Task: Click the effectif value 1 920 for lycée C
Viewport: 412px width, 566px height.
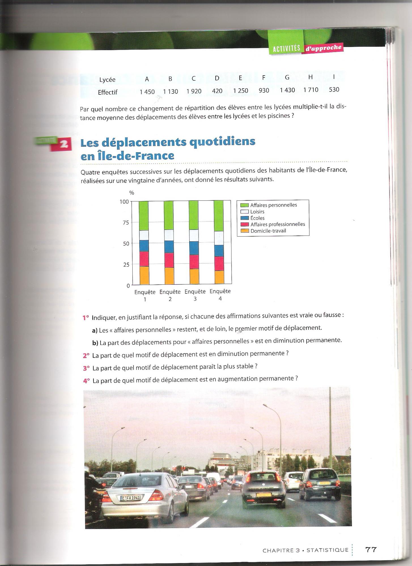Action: tap(194, 91)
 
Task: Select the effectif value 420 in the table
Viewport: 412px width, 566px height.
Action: tap(217, 91)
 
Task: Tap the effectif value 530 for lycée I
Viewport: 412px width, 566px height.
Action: tap(334, 89)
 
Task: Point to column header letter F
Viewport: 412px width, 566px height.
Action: tap(264, 78)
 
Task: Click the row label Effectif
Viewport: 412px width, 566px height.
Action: tap(107, 92)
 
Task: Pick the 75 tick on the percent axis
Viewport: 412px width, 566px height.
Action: tap(126, 223)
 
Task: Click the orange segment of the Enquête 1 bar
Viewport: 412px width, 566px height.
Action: tap(144, 275)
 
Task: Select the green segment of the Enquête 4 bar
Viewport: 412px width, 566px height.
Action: tap(218, 216)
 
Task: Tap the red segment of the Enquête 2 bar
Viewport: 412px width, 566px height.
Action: tap(169, 260)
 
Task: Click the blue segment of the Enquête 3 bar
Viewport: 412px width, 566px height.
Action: tap(194, 248)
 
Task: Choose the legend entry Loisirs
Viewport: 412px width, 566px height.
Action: tap(257, 212)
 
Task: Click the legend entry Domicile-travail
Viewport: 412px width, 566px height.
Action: tap(268, 231)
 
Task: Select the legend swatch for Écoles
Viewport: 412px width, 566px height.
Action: tap(244, 218)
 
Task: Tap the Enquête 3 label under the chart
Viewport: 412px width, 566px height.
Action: tap(195, 295)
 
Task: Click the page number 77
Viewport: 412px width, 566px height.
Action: tap(371, 549)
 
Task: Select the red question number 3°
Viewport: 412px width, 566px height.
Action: tap(86, 368)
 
